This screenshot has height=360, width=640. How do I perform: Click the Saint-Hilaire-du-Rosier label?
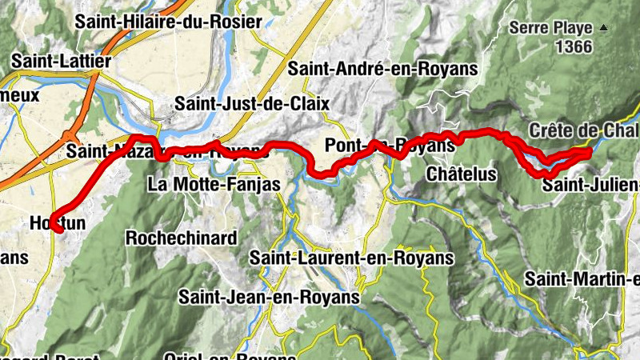click(168, 22)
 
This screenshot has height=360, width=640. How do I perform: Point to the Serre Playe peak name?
click(551, 28)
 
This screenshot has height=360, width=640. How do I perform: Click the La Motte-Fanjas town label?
click(214, 185)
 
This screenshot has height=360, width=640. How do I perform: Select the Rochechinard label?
click(181, 238)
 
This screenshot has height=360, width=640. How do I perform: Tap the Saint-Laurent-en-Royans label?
click(352, 258)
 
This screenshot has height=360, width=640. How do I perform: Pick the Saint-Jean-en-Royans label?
click(269, 297)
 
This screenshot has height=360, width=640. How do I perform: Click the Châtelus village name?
click(462, 174)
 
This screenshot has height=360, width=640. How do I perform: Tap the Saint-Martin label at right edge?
click(582, 279)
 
